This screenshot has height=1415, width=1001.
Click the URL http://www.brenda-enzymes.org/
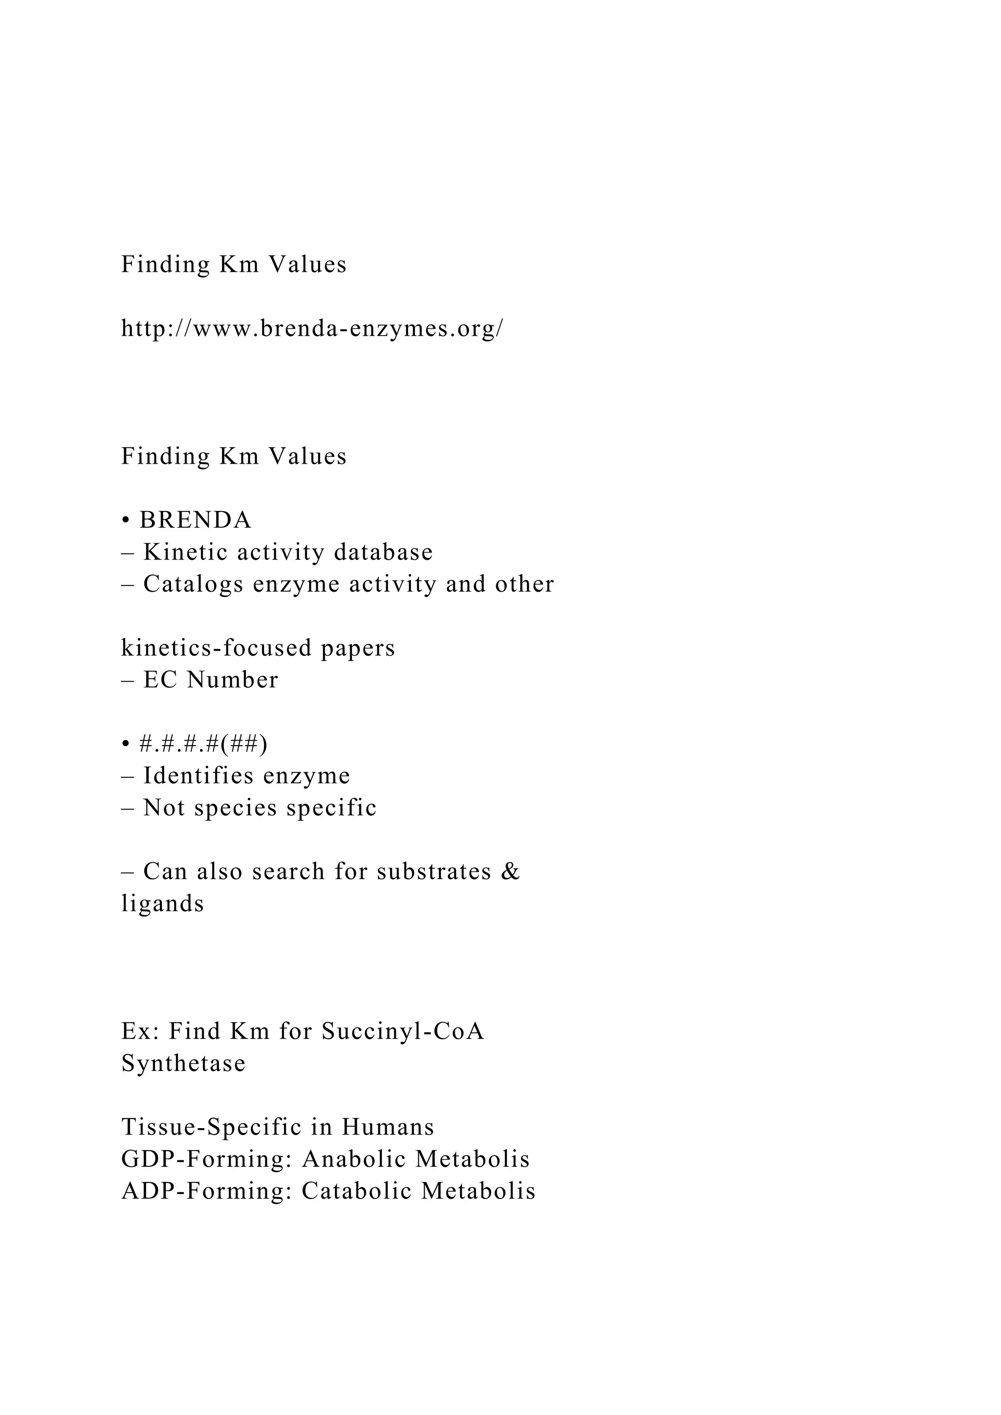312,328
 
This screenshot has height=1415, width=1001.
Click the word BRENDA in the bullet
196,520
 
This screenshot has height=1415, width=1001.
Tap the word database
383,552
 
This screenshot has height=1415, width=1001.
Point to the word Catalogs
194,584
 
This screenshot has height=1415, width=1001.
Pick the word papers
358,649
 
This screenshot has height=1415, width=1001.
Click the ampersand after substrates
511,872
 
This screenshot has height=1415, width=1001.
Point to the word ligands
163,904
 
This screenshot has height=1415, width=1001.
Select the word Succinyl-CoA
403,1031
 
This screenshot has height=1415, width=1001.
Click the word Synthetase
184,1064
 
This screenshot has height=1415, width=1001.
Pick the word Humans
388,1127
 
